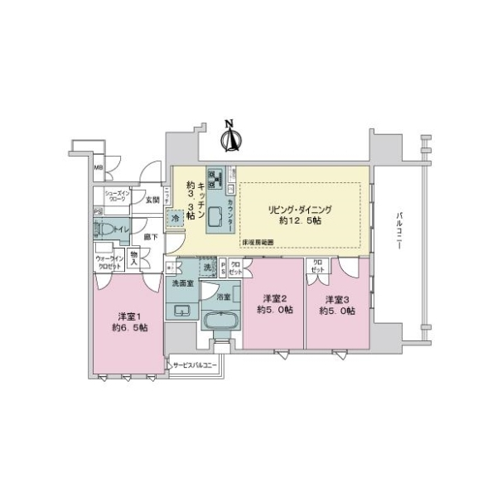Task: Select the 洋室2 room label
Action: [x=274, y=304]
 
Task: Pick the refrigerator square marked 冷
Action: [x=176, y=218]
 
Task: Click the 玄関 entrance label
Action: [x=152, y=199]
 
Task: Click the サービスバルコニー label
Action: [x=195, y=364]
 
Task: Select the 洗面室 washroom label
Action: [x=182, y=283]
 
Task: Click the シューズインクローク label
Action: [x=115, y=198]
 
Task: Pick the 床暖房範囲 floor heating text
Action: [x=258, y=243]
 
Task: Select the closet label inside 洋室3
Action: [x=317, y=268]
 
